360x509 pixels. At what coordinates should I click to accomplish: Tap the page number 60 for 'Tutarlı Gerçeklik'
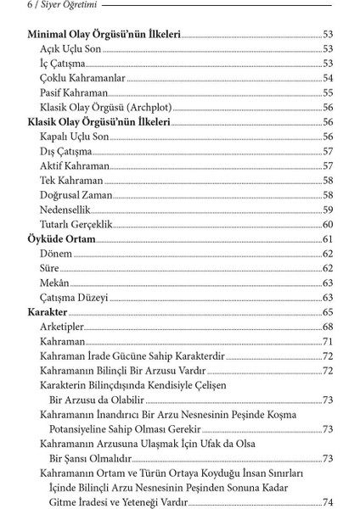[327, 225]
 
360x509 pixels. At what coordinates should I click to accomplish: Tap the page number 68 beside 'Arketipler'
[327, 327]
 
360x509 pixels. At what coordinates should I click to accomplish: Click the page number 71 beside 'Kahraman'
[327, 342]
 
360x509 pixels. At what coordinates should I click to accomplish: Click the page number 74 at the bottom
[327, 502]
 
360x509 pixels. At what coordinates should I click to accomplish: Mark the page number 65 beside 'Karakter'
[327, 313]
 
